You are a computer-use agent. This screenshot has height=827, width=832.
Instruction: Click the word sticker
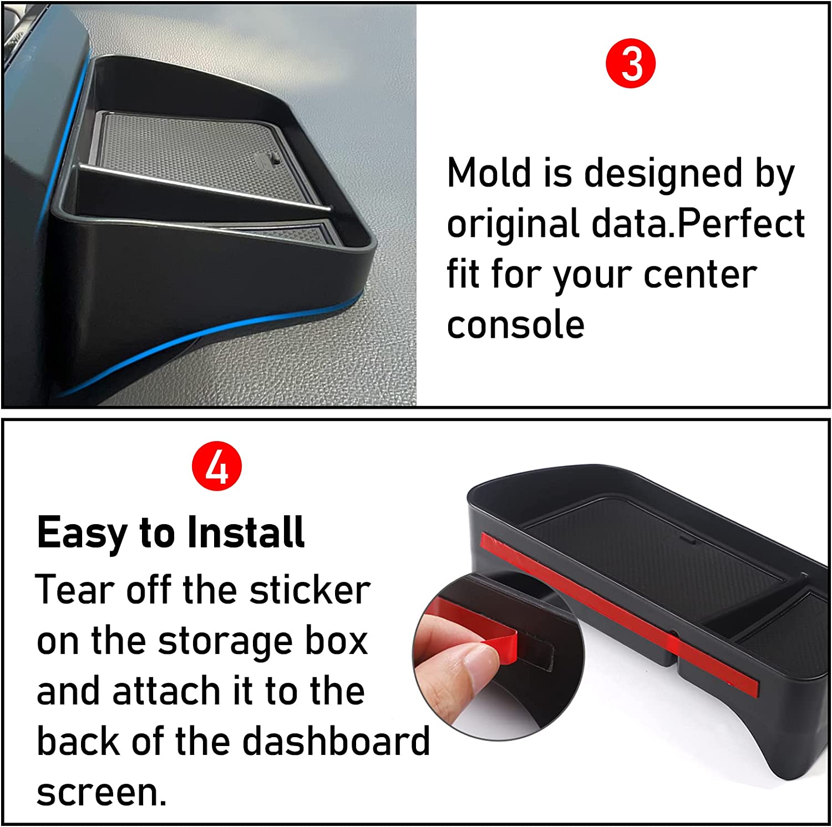click(x=310, y=590)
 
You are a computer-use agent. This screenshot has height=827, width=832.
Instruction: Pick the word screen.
click(x=102, y=792)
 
